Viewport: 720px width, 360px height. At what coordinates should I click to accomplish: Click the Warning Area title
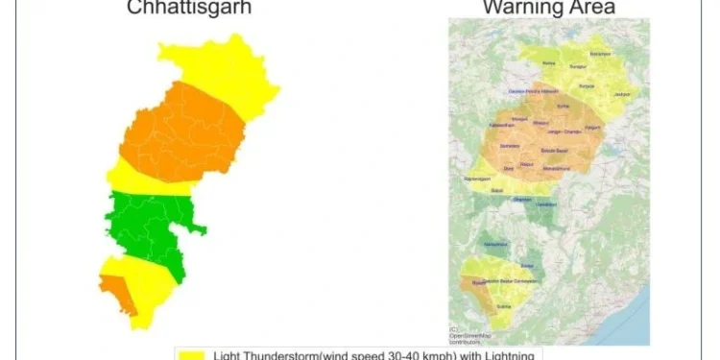click(548, 9)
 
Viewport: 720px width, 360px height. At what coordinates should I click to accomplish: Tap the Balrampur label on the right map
click(600, 54)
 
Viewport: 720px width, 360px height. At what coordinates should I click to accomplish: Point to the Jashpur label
click(623, 94)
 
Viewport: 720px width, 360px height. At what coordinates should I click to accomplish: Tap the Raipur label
click(527, 164)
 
